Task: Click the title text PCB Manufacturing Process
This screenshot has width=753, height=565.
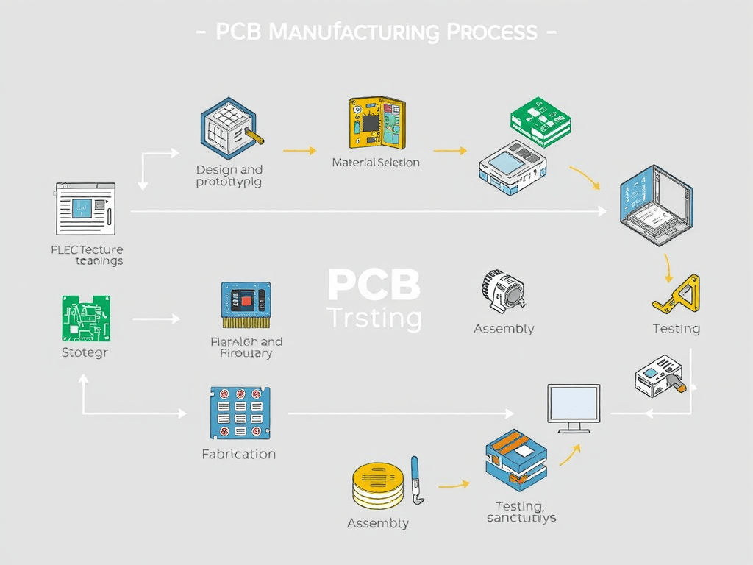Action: point(376,32)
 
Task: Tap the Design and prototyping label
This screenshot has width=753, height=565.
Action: point(229,176)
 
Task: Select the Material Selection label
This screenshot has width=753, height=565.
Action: point(376,162)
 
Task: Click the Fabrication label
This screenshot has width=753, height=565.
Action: point(238,454)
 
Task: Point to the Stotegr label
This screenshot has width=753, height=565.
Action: point(85,352)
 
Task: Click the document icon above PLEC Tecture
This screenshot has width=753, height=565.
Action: point(85,209)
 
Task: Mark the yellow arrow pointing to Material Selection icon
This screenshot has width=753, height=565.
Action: point(299,151)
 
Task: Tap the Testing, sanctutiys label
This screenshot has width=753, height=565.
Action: point(521,511)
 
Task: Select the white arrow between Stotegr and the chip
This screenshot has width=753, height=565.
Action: point(156,319)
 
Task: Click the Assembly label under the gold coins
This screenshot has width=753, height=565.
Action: point(377,523)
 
